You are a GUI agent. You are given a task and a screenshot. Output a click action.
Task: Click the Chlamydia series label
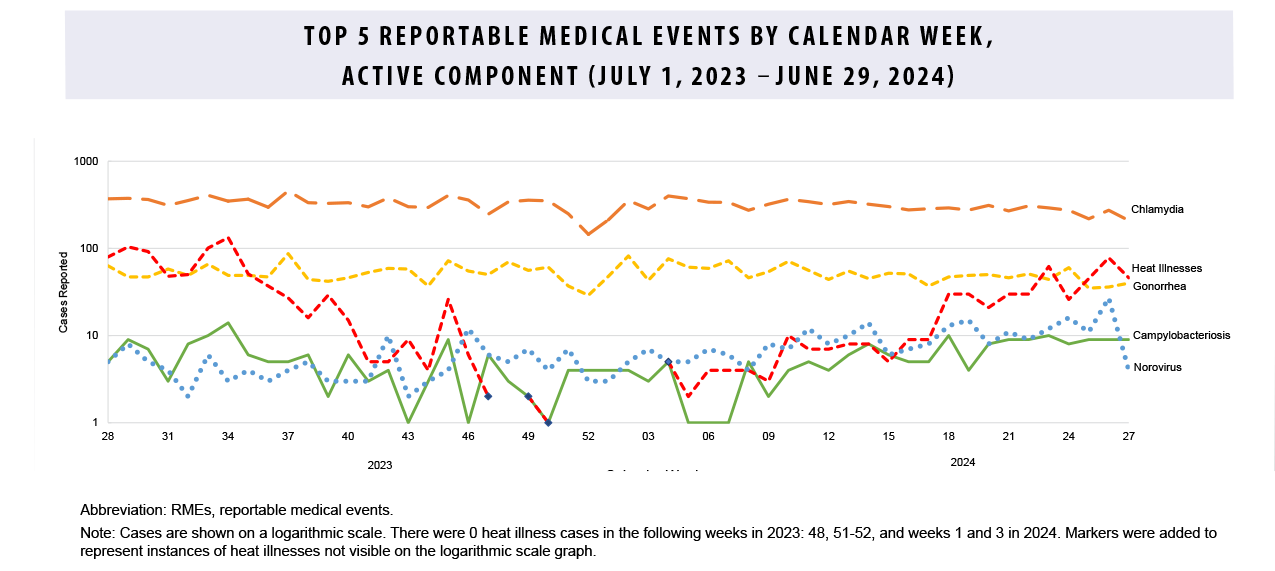click(1157, 210)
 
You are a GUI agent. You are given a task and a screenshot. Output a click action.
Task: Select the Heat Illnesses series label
click(1166, 268)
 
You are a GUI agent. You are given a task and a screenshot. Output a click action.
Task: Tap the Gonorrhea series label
click(1158, 287)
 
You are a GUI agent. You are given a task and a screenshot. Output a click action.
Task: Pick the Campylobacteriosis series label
click(1181, 336)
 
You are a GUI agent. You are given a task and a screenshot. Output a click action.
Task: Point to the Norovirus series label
click(1157, 367)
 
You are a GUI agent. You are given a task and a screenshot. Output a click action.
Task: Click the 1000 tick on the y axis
click(86, 162)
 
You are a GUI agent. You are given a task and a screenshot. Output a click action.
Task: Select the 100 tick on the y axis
click(89, 249)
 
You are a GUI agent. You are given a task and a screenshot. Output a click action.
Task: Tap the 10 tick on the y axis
click(91, 336)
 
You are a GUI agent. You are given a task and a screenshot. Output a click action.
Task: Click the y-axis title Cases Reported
click(63, 291)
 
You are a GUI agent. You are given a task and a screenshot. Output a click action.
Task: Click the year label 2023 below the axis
click(380, 465)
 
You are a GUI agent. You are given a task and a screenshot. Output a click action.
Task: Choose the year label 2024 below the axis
click(963, 462)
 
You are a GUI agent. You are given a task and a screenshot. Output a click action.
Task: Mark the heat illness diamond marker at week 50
click(548, 423)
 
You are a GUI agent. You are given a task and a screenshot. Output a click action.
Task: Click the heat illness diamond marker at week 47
click(488, 397)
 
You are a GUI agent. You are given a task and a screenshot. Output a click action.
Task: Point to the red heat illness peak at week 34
click(228, 239)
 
